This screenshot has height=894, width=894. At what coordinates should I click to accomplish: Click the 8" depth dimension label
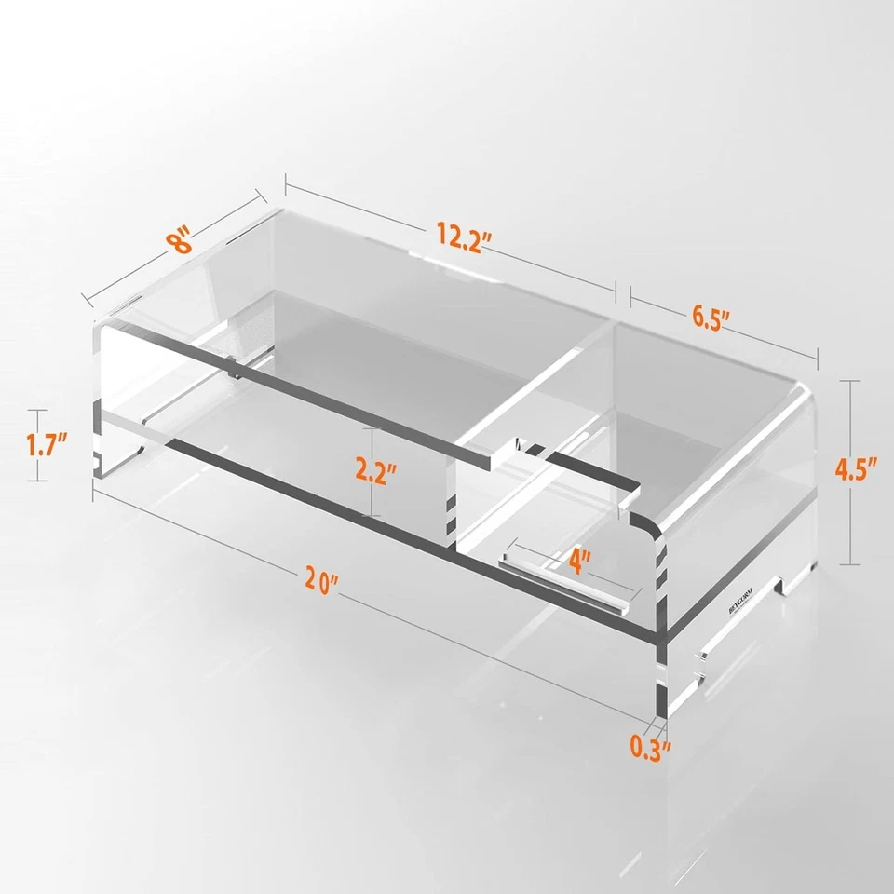181,241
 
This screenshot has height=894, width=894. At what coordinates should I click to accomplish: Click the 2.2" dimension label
376,471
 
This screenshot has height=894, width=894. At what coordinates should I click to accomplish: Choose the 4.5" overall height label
857,470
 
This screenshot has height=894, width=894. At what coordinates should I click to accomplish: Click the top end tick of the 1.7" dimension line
37,411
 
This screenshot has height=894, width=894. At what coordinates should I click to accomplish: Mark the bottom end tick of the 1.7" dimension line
37,480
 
